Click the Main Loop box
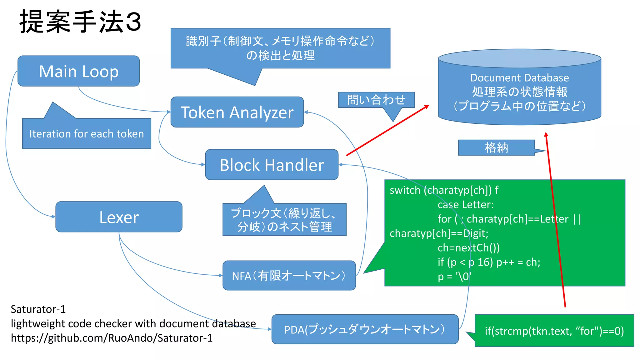pyautogui.click(x=78, y=71)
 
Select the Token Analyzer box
pyautogui.click(x=237, y=112)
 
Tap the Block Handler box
pyautogui.click(x=272, y=165)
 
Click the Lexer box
pyautogui.click(x=119, y=217)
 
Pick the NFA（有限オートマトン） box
pyautogui.click(x=289, y=276)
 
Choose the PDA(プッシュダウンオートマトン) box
pyautogui.click(x=365, y=329)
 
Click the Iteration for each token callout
pyautogui.click(x=87, y=133)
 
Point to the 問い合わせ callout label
pyautogui.click(x=376, y=100)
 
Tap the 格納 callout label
pyautogui.click(x=496, y=147)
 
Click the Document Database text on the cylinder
pyautogui.click(x=519, y=77)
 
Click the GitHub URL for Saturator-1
pyautogui.click(x=112, y=338)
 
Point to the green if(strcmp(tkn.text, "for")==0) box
pyautogui.click(x=554, y=331)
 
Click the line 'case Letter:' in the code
pyautogui.click(x=465, y=204)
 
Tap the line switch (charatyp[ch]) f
pyautogui.click(x=444, y=190)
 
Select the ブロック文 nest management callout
pyautogui.click(x=284, y=220)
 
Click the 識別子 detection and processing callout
pyautogui.click(x=280, y=48)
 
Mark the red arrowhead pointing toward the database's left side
pyautogui.click(x=427, y=107)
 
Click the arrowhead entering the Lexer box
pyautogui.click(x=54, y=216)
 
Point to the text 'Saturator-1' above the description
pyautogui.click(x=38, y=309)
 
